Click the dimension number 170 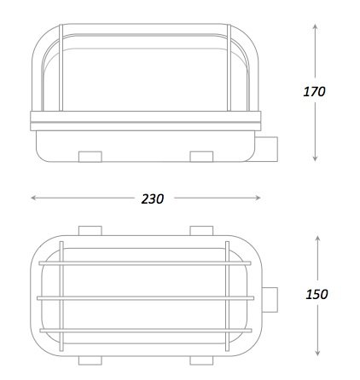(314, 92)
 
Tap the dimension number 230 (153, 199)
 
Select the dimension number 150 (316, 294)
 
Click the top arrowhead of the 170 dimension (315, 27)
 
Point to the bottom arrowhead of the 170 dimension (315, 158)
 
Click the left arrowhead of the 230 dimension (34, 198)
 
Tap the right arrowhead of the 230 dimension (258, 198)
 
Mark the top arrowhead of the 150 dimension (318, 239)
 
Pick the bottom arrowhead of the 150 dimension (318, 353)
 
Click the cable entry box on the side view (266, 149)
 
